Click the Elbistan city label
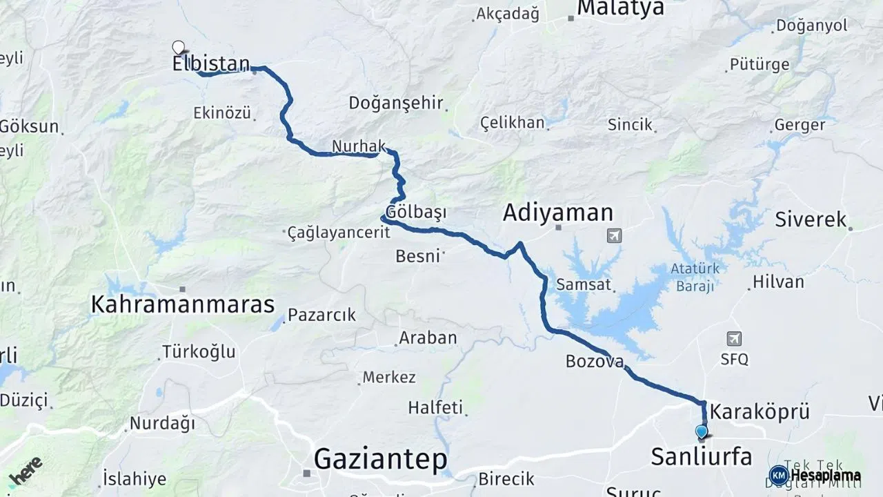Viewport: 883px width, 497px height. point(210,64)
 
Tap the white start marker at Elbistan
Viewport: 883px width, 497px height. point(178,48)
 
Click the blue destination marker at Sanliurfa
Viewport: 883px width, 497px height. point(702,433)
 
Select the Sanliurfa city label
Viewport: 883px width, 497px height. point(702,456)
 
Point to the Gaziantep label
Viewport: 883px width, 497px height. point(380,459)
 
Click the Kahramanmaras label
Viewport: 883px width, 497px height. point(183,304)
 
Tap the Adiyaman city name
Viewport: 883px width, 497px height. point(557,213)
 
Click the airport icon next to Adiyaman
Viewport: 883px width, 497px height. point(613,236)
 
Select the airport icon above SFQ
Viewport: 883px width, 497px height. point(734,339)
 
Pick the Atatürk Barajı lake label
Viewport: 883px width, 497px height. point(695,277)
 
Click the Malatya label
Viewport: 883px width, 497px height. point(620,8)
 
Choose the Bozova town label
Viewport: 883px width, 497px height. point(595,361)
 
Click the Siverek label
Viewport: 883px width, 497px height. point(811,220)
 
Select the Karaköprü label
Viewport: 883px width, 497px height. point(760,411)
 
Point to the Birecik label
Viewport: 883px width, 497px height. point(506,478)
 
